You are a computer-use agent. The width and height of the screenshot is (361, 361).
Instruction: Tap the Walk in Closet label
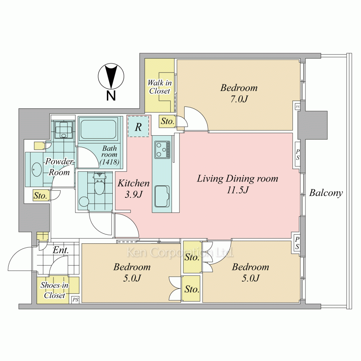click(x=160, y=87)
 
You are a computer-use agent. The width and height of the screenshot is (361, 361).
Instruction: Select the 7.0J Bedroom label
click(x=239, y=93)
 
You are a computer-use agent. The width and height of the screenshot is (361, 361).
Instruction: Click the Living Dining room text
click(x=238, y=179)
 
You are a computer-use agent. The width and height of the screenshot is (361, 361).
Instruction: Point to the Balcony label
click(x=326, y=193)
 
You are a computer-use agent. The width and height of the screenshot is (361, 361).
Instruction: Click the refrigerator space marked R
click(x=138, y=126)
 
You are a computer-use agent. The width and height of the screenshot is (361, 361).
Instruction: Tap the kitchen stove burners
click(x=162, y=150)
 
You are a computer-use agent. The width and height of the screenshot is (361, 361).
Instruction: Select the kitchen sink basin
click(x=162, y=196)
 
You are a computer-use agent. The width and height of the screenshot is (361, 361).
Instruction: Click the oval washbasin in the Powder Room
click(x=36, y=169)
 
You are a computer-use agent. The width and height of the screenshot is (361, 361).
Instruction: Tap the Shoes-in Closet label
click(x=55, y=290)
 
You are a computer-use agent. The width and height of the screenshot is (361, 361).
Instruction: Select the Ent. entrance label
click(x=61, y=250)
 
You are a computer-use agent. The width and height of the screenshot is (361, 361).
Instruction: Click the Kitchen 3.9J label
click(x=134, y=189)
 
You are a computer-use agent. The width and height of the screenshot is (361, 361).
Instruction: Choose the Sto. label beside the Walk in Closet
click(x=168, y=121)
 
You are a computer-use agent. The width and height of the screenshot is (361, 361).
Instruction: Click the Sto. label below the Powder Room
click(x=40, y=196)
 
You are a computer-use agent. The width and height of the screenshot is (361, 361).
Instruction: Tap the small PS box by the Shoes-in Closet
click(x=75, y=300)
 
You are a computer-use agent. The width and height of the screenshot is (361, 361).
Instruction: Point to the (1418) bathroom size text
click(x=109, y=162)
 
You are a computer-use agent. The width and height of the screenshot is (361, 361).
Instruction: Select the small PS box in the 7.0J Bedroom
click(x=298, y=106)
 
